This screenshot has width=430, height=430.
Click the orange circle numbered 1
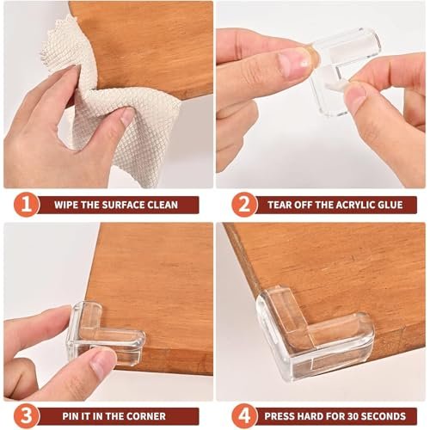coord(27,205)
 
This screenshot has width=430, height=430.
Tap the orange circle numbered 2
coord(244,205)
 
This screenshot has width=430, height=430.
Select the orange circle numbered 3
coord(27,416)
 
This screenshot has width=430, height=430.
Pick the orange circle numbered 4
coord(244,416)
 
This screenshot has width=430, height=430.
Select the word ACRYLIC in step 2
coord(354,205)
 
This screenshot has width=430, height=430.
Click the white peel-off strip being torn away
coord(338,84)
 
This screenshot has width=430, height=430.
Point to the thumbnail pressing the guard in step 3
coord(98,362)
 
